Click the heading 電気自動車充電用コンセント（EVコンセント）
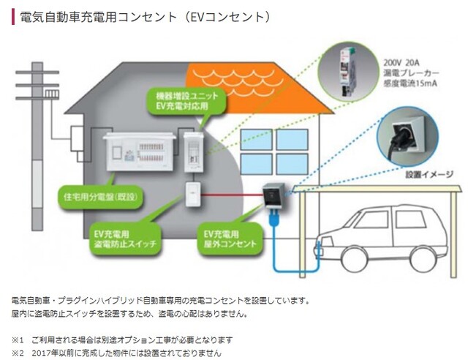pyautogui.click(x=147, y=16)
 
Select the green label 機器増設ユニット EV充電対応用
pyautogui.click(x=182, y=100)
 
